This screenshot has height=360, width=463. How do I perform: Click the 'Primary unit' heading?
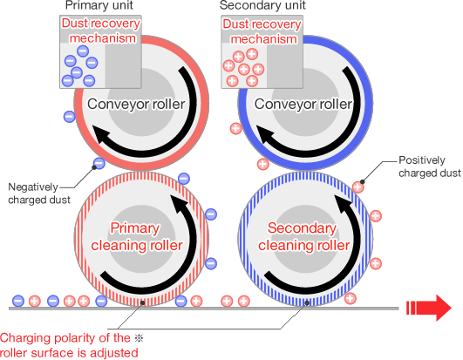tap(99, 5)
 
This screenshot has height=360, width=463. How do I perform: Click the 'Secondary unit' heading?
tap(262, 5)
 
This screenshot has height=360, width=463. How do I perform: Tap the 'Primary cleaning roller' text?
tap(136, 236)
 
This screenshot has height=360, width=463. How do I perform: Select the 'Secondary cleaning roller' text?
tap(303, 236)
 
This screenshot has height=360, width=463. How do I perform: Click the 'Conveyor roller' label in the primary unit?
tap(136, 104)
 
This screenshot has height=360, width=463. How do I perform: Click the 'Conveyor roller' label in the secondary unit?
tap(303, 104)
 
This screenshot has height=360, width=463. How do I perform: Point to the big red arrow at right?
tap(429, 308)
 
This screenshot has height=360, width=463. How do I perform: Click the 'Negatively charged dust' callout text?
tap(39, 194)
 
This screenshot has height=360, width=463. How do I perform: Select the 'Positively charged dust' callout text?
tap(430, 166)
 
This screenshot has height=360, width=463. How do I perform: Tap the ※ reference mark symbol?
tap(139, 338)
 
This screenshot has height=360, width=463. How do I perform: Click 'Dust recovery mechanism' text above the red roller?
tap(100, 31)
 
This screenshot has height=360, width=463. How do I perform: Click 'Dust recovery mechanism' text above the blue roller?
tap(262, 31)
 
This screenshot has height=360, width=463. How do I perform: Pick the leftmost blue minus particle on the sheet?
tap(18, 301)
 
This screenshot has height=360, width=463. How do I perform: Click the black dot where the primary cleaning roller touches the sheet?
tap(142, 302)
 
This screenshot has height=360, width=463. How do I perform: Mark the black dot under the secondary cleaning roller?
tap(307, 302)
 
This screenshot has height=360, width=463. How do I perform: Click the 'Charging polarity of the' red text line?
tap(65, 338)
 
